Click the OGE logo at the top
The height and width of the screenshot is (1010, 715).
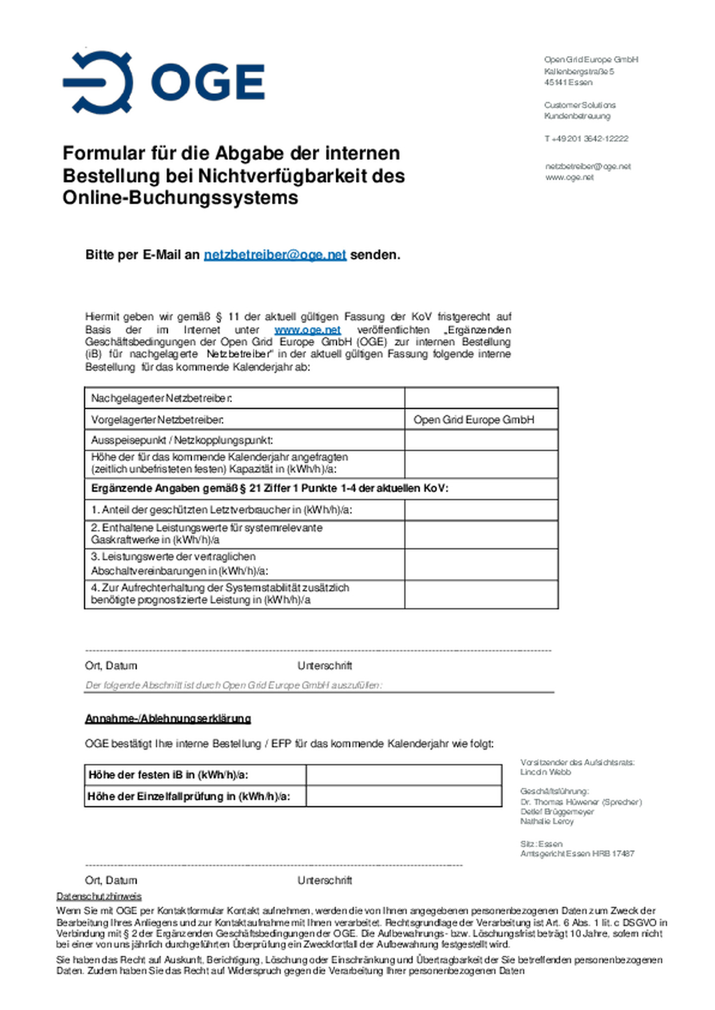tap(164, 82)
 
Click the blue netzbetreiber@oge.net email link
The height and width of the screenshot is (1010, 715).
tap(275, 255)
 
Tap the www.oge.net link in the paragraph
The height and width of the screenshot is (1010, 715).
tap(307, 330)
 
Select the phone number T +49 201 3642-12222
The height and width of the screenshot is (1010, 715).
tap(586, 139)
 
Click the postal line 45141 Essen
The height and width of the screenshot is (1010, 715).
tap(568, 82)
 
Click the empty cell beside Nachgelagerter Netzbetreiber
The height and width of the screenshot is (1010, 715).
tap(481, 398)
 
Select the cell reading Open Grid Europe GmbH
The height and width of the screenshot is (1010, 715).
tap(474, 420)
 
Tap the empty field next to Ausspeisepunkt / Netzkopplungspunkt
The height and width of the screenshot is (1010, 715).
tap(481, 440)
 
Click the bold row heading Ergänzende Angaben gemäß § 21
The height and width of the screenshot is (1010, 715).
tap(270, 489)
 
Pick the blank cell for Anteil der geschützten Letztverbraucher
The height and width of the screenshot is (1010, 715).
tap(481, 510)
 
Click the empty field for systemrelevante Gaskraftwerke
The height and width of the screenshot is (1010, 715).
tap(481, 534)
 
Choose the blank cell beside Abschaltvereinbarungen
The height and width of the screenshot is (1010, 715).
tap(481, 564)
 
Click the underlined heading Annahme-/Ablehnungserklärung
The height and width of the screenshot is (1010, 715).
tap(168, 719)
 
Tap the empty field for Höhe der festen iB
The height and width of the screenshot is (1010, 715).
tap(403, 775)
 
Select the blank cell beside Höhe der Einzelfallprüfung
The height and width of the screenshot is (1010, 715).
tap(403, 796)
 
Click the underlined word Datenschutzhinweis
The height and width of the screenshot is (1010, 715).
tap(99, 896)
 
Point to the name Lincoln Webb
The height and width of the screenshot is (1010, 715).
tap(545, 772)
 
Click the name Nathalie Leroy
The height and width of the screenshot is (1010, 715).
tap(547, 821)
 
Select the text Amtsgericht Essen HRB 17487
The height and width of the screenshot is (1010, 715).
tap(577, 854)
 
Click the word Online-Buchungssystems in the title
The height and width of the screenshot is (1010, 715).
tap(180, 198)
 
